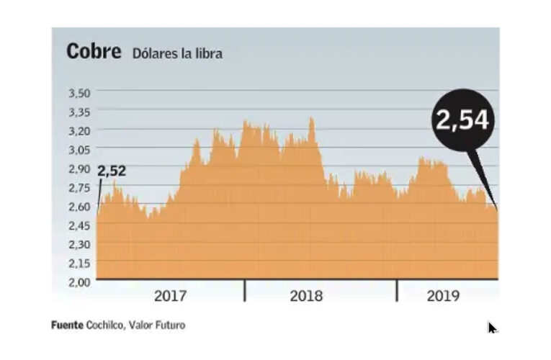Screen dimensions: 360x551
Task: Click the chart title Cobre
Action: [x=93, y=53]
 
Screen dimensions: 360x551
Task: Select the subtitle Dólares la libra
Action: [x=176, y=54]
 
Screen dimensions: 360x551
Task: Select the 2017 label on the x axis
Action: [x=171, y=295]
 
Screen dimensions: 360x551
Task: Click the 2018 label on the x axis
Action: [x=306, y=295]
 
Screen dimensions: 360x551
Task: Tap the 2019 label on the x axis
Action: [x=444, y=295]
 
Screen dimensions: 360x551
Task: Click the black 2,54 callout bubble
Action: [x=462, y=120]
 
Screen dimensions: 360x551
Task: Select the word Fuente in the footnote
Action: [x=68, y=325]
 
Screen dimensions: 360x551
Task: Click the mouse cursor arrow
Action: [x=492, y=328]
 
